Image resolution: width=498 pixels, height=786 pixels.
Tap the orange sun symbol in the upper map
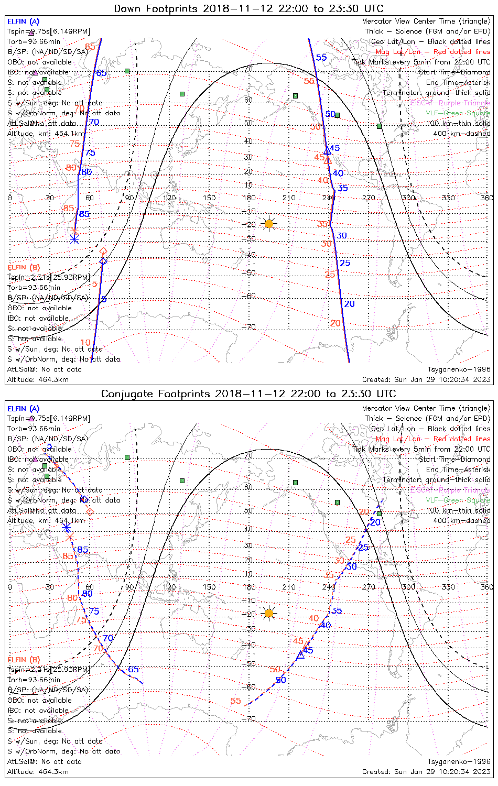pos(269,224)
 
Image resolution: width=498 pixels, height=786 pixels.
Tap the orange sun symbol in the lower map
pos(269,613)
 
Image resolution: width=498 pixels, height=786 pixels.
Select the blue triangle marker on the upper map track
pos(327,151)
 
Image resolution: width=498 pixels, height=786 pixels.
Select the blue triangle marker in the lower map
pos(300,654)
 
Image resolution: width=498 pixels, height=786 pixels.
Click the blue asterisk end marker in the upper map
pos(74,239)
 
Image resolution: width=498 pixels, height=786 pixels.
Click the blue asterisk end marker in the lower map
pos(66,527)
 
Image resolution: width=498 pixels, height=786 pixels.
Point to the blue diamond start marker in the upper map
pos(103,261)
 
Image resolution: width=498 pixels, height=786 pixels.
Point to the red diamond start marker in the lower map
pos(90,511)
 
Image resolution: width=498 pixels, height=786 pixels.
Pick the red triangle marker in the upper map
pos(328,160)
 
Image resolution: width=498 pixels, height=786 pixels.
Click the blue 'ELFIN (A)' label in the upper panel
pos(23,21)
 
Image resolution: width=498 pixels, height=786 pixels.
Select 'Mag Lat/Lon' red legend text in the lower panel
pos(398,439)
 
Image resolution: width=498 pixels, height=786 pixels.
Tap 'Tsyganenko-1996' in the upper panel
pos(459,369)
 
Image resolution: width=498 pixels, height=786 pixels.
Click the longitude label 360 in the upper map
pos(487,198)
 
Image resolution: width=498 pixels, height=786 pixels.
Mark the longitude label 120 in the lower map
pos(169,587)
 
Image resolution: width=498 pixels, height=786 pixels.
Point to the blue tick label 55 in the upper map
pos(321,58)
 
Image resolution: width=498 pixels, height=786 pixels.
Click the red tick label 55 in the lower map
pos(235,701)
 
